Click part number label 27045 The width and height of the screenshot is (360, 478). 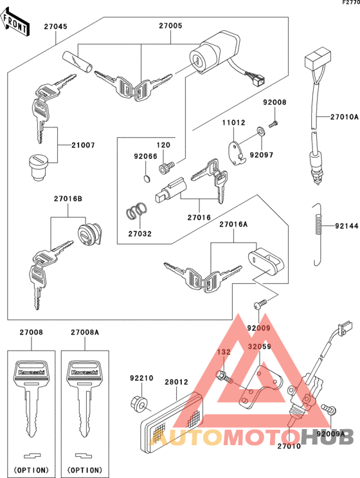point(55,27)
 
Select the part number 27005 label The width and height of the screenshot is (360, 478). point(170,27)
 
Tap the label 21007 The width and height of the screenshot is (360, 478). point(83,145)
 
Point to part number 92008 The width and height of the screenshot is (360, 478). point(274,102)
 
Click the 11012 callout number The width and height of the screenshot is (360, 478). point(234,122)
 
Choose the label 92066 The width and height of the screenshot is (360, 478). point(145,156)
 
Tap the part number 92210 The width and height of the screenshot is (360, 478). point(141,378)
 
